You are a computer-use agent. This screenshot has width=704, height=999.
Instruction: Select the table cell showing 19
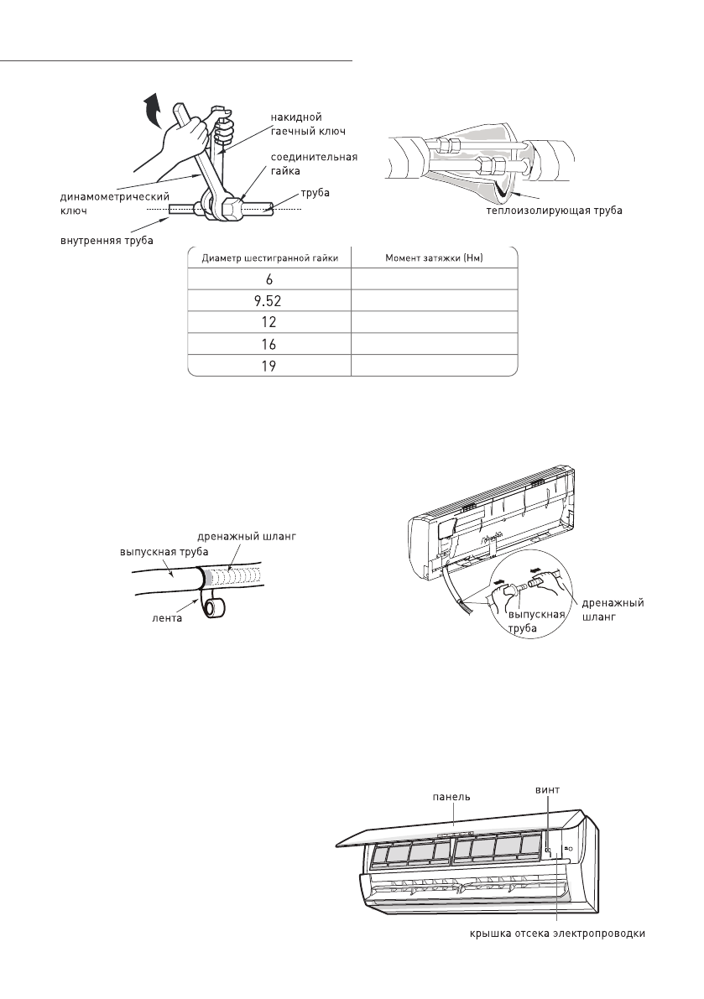click(x=267, y=366)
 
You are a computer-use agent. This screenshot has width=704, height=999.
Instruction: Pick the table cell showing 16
click(x=267, y=345)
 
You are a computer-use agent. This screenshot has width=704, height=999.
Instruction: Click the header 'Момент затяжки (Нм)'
click(x=432, y=258)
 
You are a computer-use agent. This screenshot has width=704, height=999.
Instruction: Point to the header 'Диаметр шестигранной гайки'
click(x=267, y=258)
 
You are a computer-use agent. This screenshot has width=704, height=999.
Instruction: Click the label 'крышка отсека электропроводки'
click(x=555, y=934)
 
